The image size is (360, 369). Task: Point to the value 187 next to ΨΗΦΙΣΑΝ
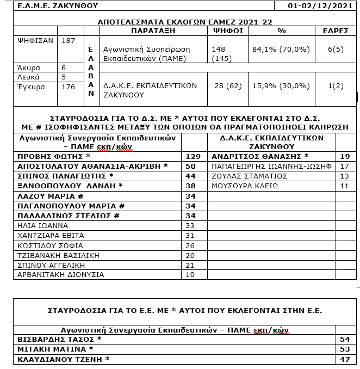tap(69, 40)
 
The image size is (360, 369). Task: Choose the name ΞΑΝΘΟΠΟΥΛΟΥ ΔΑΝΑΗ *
tap(69, 186)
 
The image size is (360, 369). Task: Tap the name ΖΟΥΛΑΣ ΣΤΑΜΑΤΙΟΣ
tap(250, 176)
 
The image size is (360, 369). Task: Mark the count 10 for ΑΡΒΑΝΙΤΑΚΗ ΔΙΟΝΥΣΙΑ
tap(190, 274)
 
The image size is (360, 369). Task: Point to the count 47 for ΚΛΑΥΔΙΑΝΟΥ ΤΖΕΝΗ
tap(344, 359)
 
